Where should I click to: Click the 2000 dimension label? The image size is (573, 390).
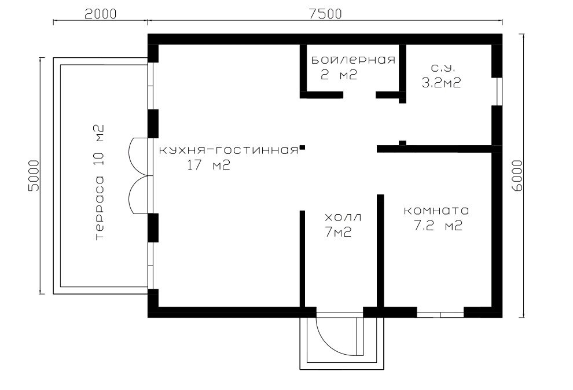(100, 13)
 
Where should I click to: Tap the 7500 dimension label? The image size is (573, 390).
(325, 13)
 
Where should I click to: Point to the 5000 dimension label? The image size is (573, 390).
(33, 176)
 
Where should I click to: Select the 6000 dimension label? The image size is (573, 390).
(517, 176)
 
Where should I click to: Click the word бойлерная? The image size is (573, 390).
(354, 60)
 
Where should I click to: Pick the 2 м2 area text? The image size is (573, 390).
(339, 75)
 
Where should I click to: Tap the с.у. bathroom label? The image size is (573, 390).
(443, 68)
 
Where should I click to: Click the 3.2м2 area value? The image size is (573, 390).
(442, 83)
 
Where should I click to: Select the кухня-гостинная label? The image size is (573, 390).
(229, 150)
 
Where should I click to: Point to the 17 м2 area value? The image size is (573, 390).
(209, 165)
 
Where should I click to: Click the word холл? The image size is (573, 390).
(343, 218)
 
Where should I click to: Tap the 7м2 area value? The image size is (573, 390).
(338, 232)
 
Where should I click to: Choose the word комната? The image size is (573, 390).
(436, 211)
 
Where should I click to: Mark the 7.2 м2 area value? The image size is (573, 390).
(438, 226)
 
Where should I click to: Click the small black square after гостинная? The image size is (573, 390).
(303, 148)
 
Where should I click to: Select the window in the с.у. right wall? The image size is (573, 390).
(499, 91)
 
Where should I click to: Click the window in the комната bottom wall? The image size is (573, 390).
(440, 314)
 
